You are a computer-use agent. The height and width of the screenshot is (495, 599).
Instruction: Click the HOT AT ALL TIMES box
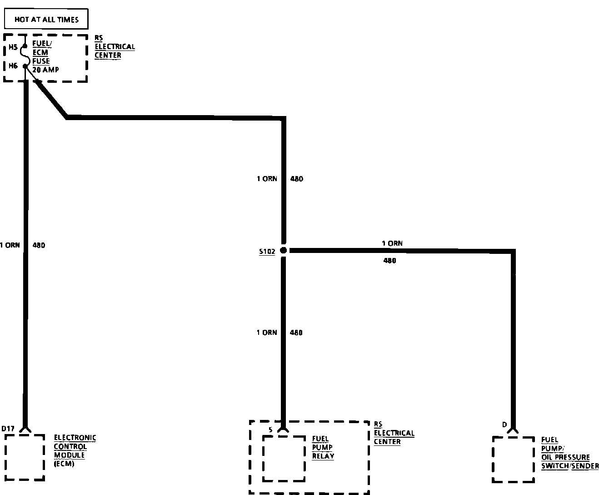pyautogui.click(x=46, y=20)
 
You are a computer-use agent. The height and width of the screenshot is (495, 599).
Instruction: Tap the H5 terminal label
pyautogui.click(x=13, y=46)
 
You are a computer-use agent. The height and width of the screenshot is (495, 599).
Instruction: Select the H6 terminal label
pyautogui.click(x=13, y=66)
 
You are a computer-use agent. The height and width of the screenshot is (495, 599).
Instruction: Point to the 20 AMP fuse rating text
pyautogui.click(x=45, y=70)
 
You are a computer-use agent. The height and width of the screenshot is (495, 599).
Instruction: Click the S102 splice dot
pyautogui.click(x=284, y=250)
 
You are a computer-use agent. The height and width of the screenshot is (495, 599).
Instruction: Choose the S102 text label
pyautogui.click(x=267, y=252)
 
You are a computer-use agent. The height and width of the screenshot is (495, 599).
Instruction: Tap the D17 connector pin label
pyautogui.click(x=8, y=429)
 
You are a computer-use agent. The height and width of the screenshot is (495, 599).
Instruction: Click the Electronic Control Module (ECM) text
pyautogui.click(x=75, y=450)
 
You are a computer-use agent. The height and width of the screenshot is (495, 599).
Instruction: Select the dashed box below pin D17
pyautogui.click(x=25, y=457)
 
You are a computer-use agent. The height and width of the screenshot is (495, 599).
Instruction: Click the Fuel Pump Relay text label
pyautogui.click(x=323, y=447)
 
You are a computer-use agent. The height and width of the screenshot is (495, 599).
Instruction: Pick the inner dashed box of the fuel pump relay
pyautogui.click(x=284, y=458)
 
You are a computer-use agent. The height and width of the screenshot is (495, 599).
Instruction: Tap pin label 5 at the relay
pyautogui.click(x=270, y=429)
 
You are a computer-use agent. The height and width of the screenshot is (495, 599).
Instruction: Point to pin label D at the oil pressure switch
pyautogui.click(x=504, y=425)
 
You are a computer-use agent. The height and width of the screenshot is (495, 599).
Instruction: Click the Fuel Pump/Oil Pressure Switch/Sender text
pyautogui.click(x=569, y=453)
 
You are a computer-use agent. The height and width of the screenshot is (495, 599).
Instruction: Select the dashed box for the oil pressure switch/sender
pyautogui.click(x=514, y=460)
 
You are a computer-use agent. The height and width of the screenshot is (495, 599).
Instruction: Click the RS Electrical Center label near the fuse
pyautogui.click(x=115, y=47)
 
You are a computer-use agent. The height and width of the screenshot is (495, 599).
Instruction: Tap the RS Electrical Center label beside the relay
pyautogui.click(x=394, y=433)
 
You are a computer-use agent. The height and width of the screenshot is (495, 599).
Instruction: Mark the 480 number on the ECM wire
pyautogui.click(x=39, y=245)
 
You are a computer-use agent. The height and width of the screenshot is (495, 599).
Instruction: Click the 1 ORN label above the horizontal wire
pyautogui.click(x=392, y=243)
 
